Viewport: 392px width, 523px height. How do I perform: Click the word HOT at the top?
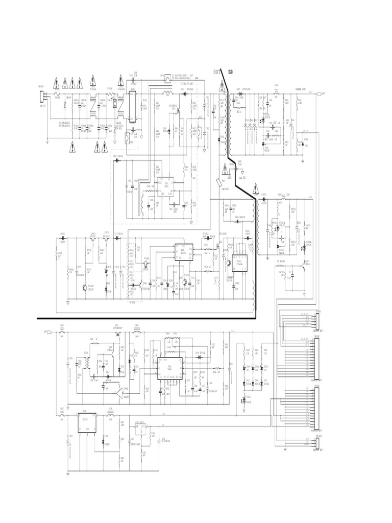(x=216, y=72)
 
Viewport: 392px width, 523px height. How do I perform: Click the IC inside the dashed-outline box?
(x=165, y=186)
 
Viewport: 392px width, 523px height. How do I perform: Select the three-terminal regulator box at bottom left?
(x=87, y=423)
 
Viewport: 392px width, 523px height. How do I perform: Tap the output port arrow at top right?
(x=320, y=94)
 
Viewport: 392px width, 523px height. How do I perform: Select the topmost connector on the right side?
(x=317, y=321)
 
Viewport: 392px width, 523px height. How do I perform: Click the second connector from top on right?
(x=317, y=358)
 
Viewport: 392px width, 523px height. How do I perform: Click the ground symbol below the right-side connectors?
(x=284, y=449)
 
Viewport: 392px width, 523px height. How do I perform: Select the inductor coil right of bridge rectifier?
(x=166, y=94)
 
